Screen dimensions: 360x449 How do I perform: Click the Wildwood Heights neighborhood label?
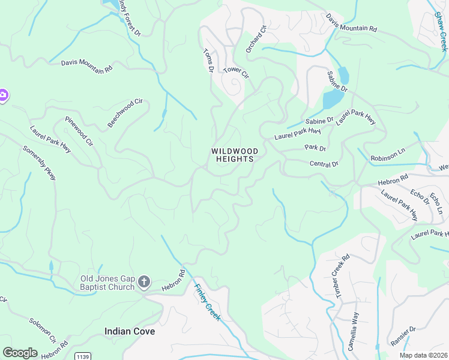click(235, 155)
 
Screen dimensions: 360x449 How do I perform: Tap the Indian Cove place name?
click(130, 331)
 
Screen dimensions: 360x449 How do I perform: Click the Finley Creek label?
click(206, 301)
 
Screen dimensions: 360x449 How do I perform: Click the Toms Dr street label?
click(208, 61)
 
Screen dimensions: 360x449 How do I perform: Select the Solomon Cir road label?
click(42, 331)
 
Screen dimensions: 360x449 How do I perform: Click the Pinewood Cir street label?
click(79, 132)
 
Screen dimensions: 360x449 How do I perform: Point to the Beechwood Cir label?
click(127, 113)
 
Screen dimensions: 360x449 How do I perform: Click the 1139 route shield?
click(83, 356)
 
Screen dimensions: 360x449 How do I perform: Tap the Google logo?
click(20, 352)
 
